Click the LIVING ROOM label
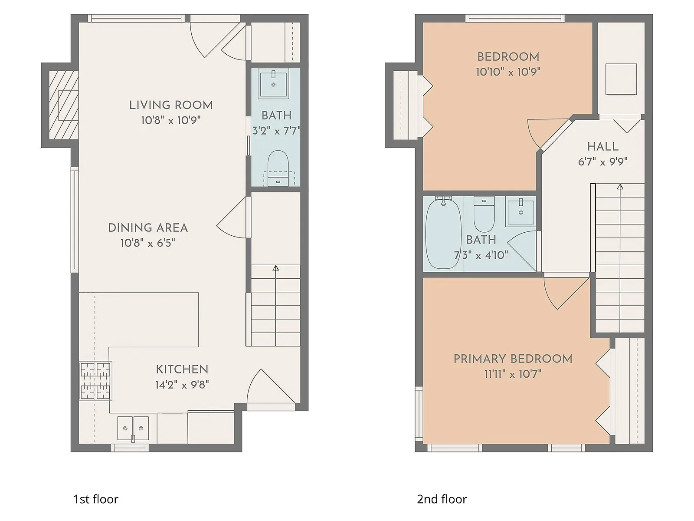coord(171,105)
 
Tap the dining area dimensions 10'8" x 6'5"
coord(148,243)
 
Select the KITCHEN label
coord(182,369)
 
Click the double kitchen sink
coord(133,428)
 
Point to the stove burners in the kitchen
coord(95,381)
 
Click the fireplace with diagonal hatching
coord(64,106)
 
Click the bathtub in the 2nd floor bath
coord(443,234)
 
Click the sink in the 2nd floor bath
coord(520,212)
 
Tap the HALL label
coord(603,147)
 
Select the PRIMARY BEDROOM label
coord(513,359)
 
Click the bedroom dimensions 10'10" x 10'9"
coord(508,72)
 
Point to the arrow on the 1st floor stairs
coord(275,268)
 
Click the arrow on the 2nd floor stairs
coord(620,187)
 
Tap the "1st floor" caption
coord(96,499)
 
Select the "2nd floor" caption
coord(442,499)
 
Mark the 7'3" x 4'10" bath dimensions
coord(481,255)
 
